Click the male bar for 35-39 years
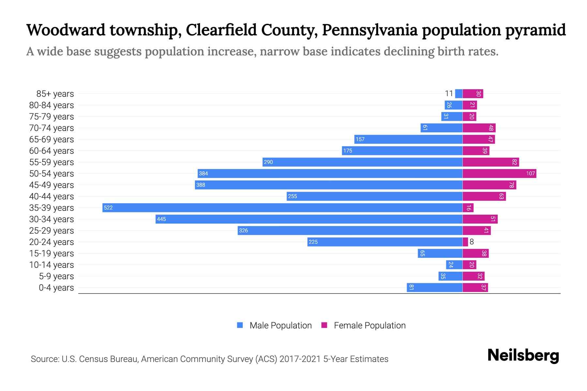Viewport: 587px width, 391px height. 282,208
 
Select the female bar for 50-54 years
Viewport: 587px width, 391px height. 499,173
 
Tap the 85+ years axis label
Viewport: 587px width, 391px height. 55,94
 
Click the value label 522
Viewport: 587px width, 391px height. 108,208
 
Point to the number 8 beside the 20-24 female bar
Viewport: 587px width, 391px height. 472,242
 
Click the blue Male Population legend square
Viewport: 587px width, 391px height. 240,325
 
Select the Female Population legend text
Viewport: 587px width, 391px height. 369,326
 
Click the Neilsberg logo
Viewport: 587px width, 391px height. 523,355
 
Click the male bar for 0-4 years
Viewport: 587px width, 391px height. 434,287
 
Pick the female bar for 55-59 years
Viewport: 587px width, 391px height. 490,162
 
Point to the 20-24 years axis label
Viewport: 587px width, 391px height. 52,242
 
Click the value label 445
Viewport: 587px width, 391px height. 161,219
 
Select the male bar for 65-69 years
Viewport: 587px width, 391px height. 408,139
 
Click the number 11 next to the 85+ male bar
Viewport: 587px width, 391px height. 449,94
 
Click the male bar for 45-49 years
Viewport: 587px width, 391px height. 329,185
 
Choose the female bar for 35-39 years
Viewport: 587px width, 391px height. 468,208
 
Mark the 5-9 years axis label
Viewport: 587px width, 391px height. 56,276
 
